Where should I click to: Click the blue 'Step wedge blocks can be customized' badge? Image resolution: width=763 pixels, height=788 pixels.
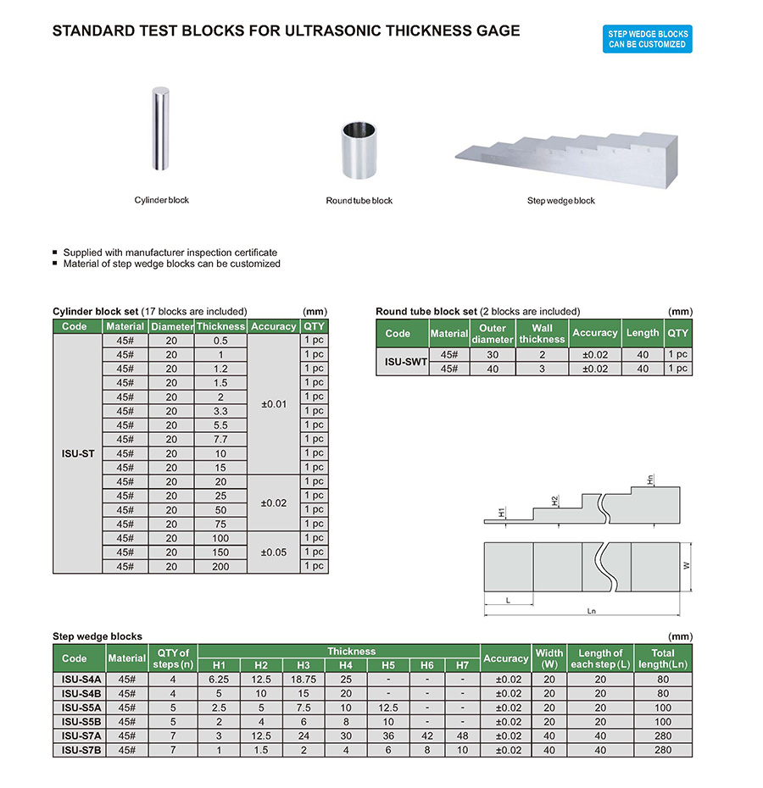[648, 39]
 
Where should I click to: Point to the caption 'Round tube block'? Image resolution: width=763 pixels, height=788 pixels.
[359, 201]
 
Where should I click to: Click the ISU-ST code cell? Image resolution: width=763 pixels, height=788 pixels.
[77, 453]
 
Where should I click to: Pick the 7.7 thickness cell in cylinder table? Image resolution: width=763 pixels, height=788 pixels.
[220, 439]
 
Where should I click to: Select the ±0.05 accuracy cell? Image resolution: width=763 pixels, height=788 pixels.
[274, 552]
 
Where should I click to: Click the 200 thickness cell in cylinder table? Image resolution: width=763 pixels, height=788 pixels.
[220, 567]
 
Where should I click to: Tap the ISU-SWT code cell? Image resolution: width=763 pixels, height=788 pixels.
[402, 362]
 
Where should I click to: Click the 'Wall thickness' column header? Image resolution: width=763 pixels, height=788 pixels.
[542, 333]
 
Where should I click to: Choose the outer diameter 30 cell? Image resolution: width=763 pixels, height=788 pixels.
[493, 355]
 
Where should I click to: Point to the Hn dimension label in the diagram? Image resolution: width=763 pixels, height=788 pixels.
[649, 479]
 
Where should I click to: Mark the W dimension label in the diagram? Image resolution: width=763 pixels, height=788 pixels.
[688, 566]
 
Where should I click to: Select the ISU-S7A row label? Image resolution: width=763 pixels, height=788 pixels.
[81, 736]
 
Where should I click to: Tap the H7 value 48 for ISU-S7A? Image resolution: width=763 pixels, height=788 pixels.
[463, 736]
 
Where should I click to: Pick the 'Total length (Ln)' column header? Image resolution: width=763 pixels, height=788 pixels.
[663, 658]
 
